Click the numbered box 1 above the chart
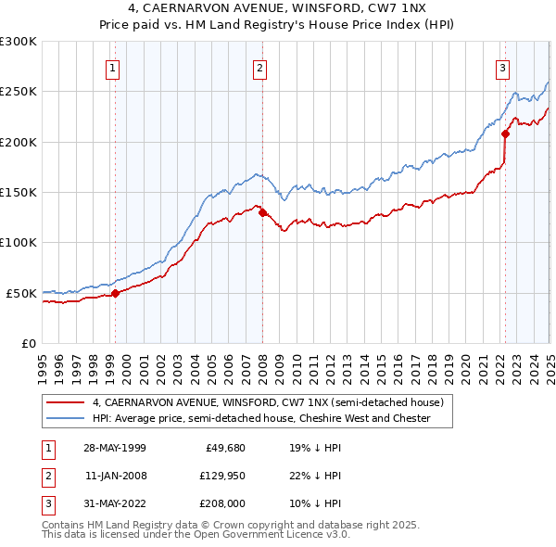pos(112,67)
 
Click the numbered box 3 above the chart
pos(502,67)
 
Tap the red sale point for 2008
pos(262,212)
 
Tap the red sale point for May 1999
pos(116,293)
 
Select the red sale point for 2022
pos(506,134)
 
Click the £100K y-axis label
pos(19,242)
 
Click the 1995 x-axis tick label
pos(43,362)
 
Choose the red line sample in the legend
pos(65,403)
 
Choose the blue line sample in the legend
pos(65,418)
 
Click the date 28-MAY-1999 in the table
pos(115,447)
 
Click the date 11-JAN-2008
pos(115,476)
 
